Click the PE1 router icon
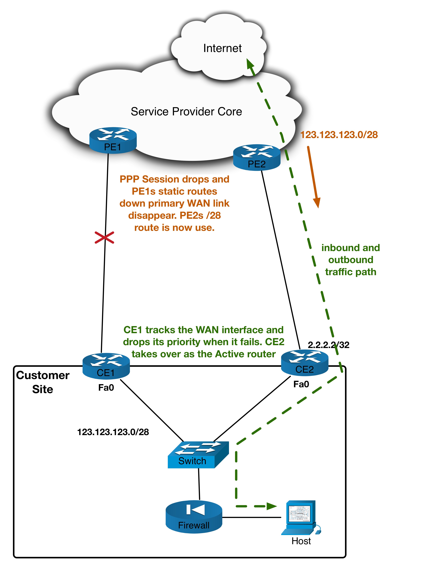pos(113,140)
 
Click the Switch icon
pos(198,455)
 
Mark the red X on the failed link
pos(104,238)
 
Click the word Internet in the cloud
pos(222,48)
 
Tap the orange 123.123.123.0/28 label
pos(339,135)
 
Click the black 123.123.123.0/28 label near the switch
pos(113,432)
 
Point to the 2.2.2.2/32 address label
pos(328,345)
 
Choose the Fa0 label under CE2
pos(301,384)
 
